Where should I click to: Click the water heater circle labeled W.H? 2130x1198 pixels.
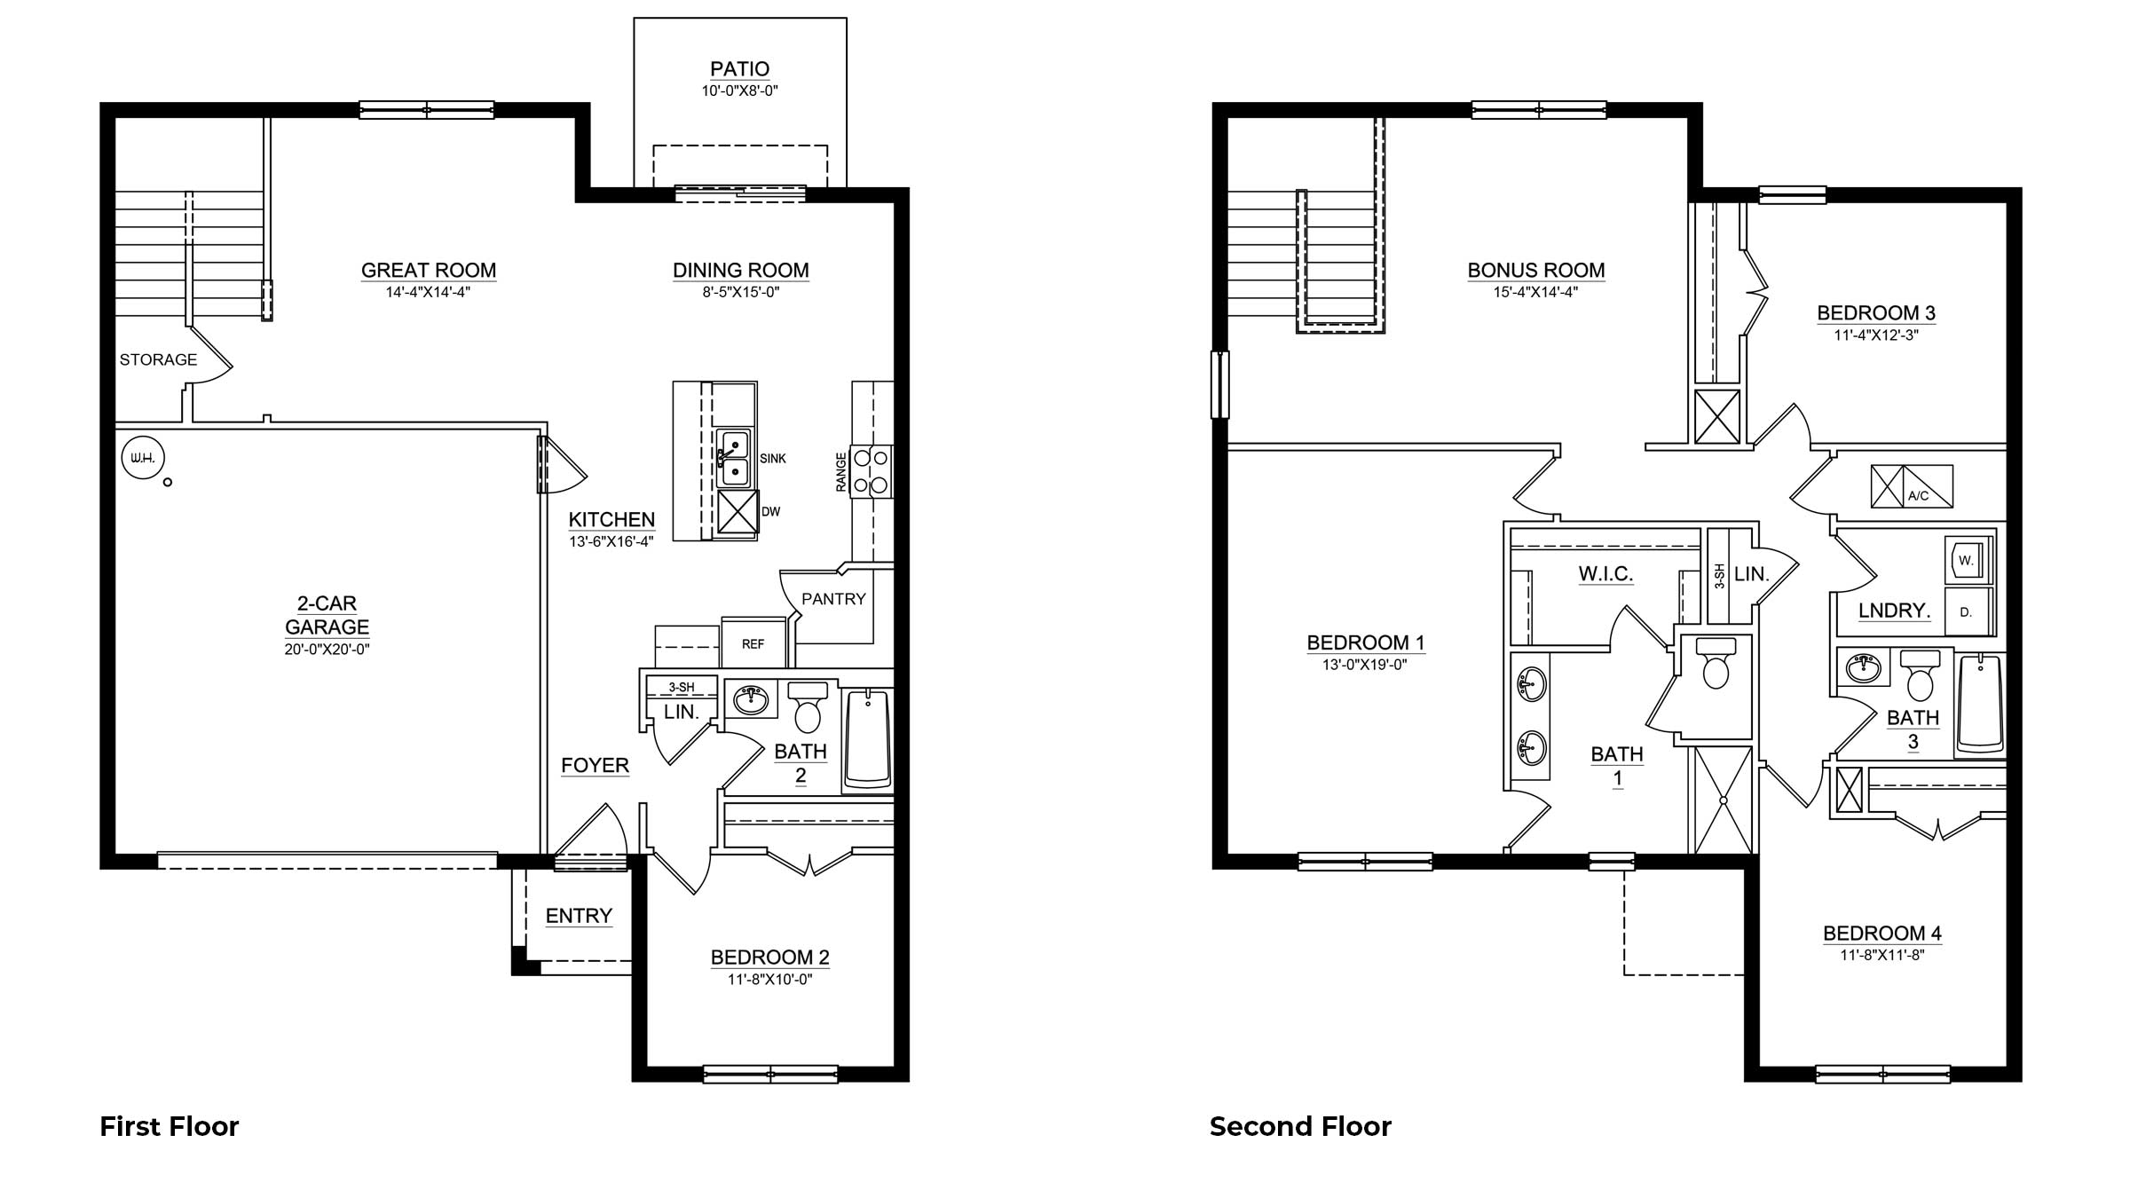tap(143, 458)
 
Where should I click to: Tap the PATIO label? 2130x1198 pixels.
tap(739, 68)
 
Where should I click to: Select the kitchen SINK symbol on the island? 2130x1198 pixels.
tap(733, 458)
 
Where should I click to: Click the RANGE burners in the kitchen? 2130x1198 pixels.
tap(871, 472)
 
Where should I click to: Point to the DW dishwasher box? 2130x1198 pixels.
tap(737, 511)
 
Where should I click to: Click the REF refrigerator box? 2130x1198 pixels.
tap(753, 643)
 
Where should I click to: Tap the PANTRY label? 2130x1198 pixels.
tap(832, 599)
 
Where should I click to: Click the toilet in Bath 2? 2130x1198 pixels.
tap(808, 706)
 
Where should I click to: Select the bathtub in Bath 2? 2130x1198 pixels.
tap(867, 739)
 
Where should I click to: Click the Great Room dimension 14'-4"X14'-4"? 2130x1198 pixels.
tap(428, 292)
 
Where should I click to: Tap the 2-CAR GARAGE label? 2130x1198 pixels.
tap(327, 615)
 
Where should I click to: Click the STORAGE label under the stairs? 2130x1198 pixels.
tap(158, 359)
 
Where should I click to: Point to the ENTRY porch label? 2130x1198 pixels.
tap(579, 916)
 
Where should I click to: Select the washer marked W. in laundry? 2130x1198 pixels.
tap(1966, 560)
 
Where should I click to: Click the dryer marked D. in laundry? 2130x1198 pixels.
tap(1966, 611)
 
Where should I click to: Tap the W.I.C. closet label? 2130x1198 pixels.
tap(1605, 574)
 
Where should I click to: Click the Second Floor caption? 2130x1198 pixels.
tap(1300, 1126)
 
